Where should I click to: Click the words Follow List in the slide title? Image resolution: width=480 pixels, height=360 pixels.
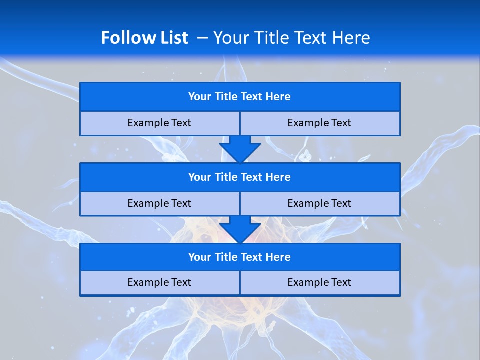coord(144,38)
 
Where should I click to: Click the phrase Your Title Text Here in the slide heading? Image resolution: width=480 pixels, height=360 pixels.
coord(291,38)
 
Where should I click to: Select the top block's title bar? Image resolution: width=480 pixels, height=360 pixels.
coord(240,97)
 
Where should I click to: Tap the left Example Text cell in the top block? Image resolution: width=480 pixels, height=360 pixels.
coord(159,123)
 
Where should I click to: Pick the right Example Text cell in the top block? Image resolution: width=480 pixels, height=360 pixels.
coord(319,123)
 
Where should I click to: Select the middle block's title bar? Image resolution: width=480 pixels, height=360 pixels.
coord(240,177)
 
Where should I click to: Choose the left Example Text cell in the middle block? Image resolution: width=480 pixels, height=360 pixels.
coord(159,203)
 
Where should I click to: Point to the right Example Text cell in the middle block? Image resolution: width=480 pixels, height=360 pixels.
coord(319,203)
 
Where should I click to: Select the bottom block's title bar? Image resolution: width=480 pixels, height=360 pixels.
coord(240,257)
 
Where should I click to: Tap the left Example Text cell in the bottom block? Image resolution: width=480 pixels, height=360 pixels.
coord(159,282)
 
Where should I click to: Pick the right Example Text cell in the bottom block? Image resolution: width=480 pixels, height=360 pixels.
coord(319,282)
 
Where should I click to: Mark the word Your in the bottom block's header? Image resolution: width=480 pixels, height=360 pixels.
coord(200,257)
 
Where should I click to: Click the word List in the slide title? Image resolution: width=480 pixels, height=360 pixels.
coord(173,38)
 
